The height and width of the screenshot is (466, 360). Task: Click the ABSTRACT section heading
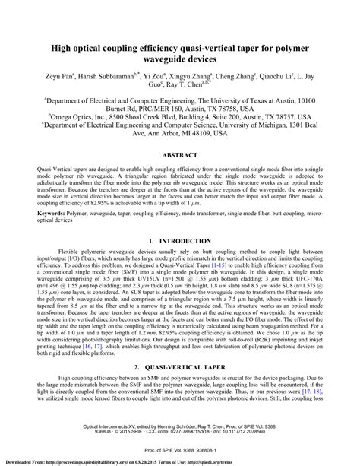coord(180,154)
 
